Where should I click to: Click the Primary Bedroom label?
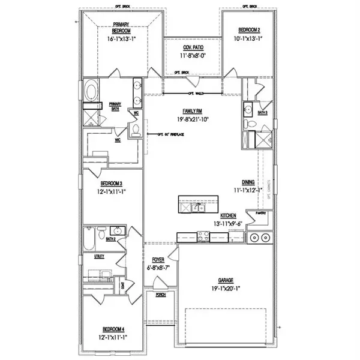(122, 28)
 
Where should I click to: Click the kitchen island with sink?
(196, 207)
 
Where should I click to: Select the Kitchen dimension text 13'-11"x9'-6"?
(227, 224)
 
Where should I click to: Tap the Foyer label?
(158, 260)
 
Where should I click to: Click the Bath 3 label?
(262, 112)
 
